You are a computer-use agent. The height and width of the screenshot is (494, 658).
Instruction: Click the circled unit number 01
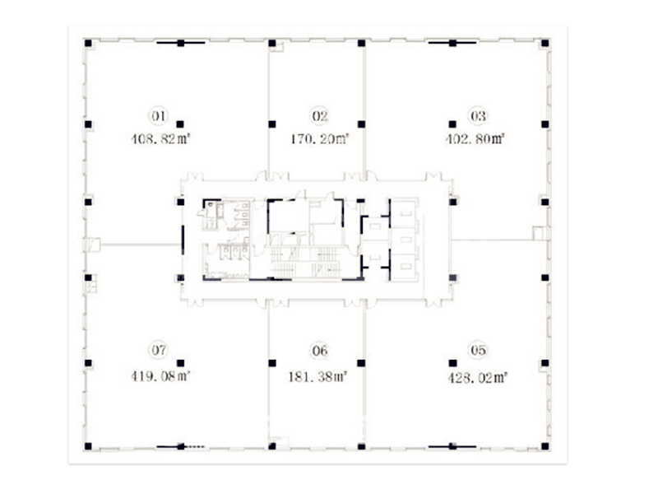tap(158, 115)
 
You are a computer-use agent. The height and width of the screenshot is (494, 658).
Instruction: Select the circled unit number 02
tap(319, 115)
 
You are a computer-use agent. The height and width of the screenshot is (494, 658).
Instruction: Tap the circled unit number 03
tap(478, 115)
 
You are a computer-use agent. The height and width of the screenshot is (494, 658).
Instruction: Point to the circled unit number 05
tap(478, 350)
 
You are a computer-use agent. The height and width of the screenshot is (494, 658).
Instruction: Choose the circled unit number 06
tap(319, 350)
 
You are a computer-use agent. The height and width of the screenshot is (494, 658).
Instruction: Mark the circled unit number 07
tap(158, 349)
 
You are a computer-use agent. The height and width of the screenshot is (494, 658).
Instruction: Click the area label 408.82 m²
tap(160, 138)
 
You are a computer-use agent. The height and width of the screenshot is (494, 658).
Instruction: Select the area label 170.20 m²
tap(320, 138)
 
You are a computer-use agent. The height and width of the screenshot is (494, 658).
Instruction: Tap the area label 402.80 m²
tap(475, 138)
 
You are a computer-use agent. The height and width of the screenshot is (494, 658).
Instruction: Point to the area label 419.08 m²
tap(160, 375)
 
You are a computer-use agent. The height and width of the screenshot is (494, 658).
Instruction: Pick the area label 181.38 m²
tap(317, 376)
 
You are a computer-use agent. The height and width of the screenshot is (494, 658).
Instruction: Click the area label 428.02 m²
tap(478, 378)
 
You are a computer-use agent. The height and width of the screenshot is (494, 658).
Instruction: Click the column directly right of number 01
tap(180, 124)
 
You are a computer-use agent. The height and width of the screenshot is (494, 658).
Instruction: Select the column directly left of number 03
tap(452, 124)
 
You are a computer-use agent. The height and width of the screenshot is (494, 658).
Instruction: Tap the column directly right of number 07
tap(180, 363)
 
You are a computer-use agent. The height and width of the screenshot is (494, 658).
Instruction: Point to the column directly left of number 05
tap(453, 363)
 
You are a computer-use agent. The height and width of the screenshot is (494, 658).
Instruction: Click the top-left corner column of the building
tap(88, 43)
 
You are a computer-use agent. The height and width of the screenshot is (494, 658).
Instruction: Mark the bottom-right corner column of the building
tap(545, 446)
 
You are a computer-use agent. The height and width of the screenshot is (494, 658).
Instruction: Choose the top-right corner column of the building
tap(545, 43)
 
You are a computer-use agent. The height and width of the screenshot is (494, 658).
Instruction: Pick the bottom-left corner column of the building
tap(88, 446)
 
